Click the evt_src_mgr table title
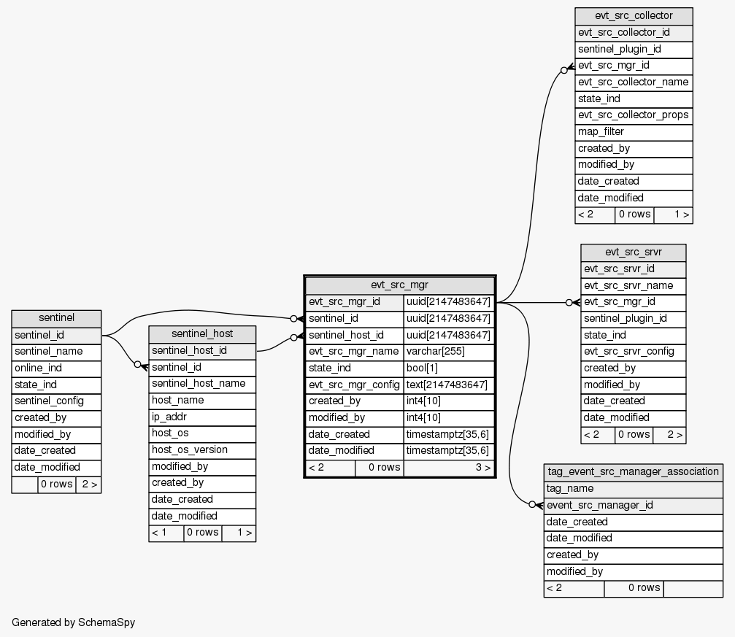point(399,285)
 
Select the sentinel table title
point(56,318)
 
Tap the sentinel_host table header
point(202,334)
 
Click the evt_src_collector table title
point(634,16)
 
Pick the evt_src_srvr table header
point(633,252)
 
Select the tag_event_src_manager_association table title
point(633,471)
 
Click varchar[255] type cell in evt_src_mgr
point(449,352)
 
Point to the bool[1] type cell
point(449,368)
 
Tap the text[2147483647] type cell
point(449,385)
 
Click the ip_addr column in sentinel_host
point(202,417)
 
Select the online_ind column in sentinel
point(56,368)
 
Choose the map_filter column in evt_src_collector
point(634,132)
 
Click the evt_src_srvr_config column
point(633,352)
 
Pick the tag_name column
point(633,489)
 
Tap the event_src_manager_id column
point(633,505)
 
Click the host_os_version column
point(202,450)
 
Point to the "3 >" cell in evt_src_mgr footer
point(449,468)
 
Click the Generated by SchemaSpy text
point(74,622)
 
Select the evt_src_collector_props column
point(634,115)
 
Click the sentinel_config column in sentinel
point(56,401)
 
